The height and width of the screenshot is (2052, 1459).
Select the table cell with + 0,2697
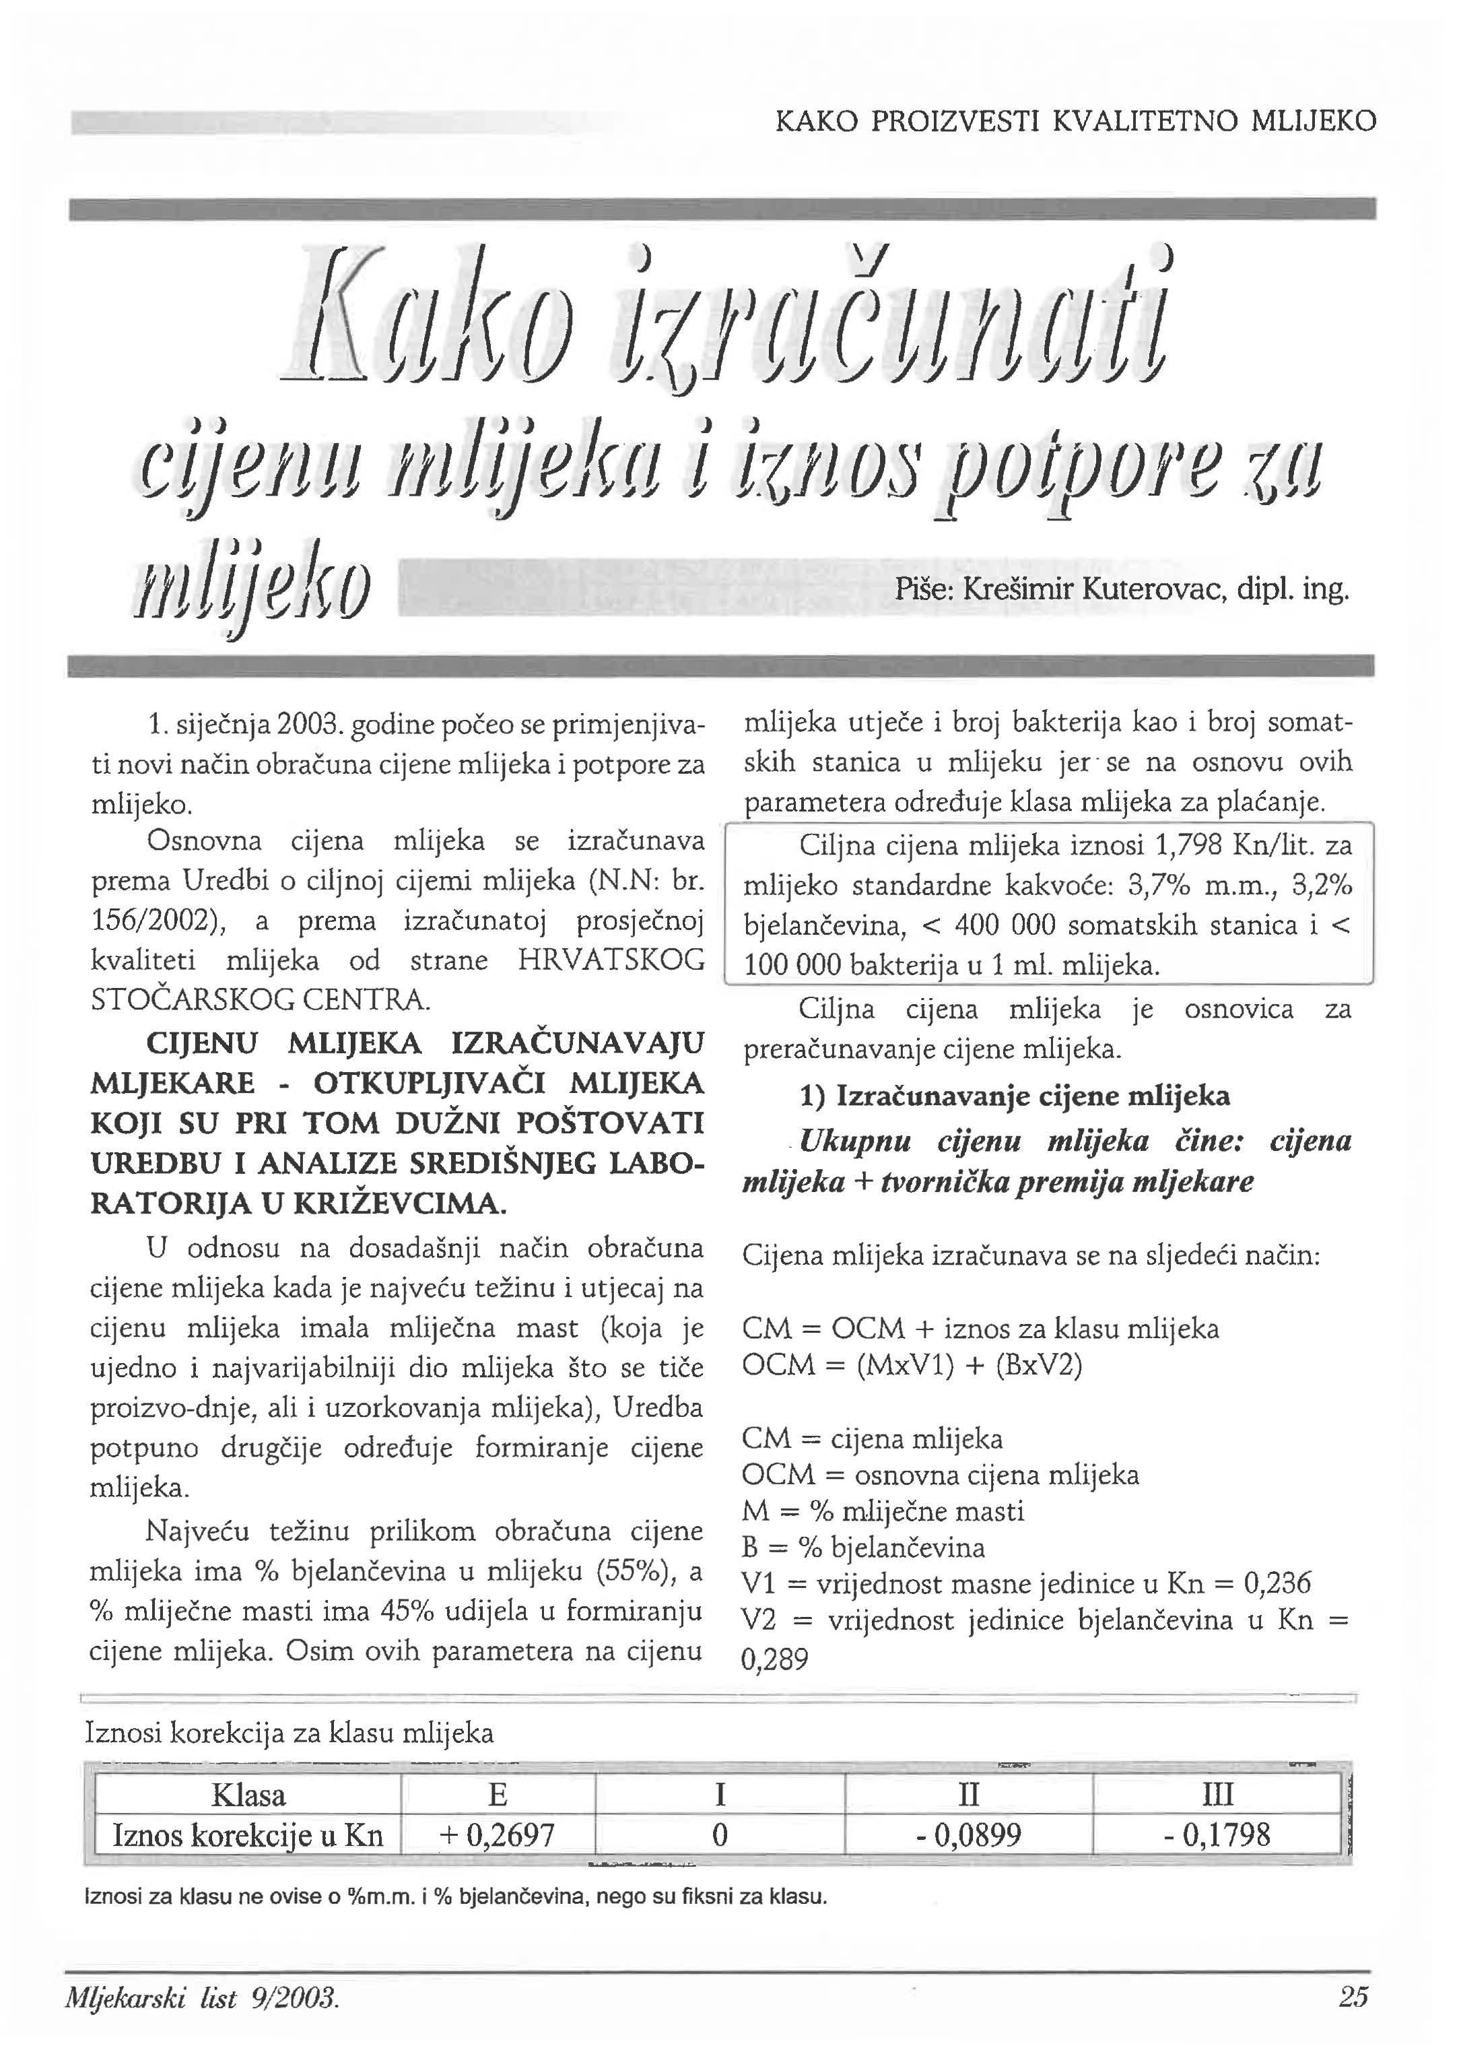497,1834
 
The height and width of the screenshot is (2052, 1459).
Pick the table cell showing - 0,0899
968,1834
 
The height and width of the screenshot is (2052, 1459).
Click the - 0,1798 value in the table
1217,1834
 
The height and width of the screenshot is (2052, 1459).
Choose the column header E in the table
497,1794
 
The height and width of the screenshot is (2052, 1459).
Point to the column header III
1217,1794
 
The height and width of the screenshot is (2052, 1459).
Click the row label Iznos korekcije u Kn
248,1834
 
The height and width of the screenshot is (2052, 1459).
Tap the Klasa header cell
248,1794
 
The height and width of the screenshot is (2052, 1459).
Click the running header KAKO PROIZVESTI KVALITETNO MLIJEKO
1075,121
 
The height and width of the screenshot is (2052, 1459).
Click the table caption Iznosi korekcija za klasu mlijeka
290,1732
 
